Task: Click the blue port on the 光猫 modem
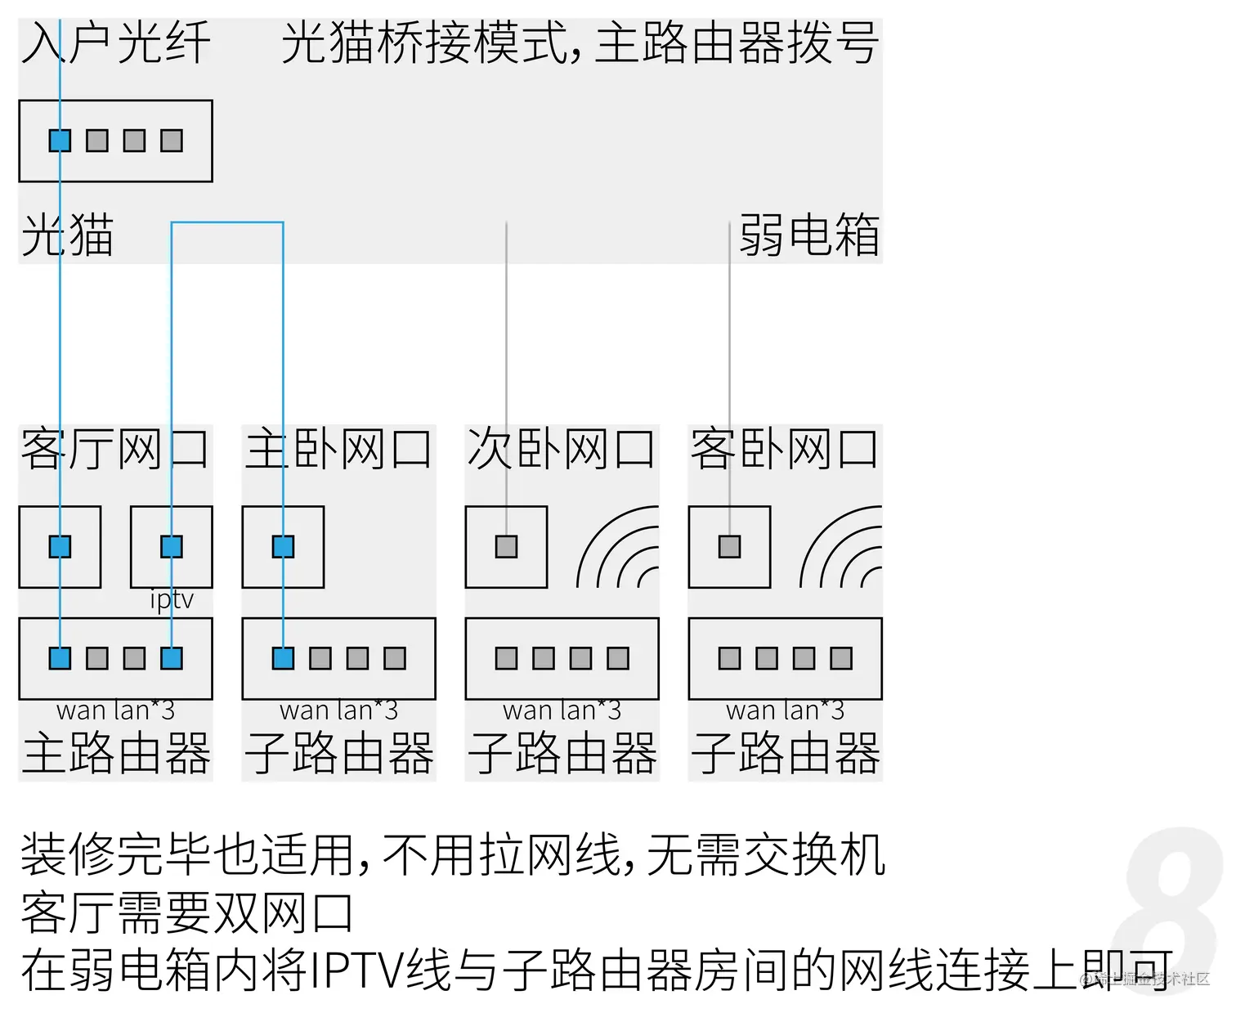click(x=60, y=141)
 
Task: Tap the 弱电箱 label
click(x=808, y=235)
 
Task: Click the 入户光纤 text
click(x=115, y=43)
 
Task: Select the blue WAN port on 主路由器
click(x=60, y=658)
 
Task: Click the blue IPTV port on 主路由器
click(x=172, y=658)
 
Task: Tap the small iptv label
click(x=172, y=599)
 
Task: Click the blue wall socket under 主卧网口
click(x=283, y=546)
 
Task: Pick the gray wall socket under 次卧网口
click(x=506, y=546)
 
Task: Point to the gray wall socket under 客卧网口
click(x=729, y=546)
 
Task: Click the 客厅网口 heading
click(x=115, y=449)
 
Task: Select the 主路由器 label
click(x=115, y=753)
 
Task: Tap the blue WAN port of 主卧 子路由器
click(x=283, y=658)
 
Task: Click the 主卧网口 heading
click(x=338, y=449)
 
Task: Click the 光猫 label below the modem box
click(x=67, y=235)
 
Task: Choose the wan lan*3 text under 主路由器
click(x=115, y=710)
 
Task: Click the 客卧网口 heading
click(x=785, y=449)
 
